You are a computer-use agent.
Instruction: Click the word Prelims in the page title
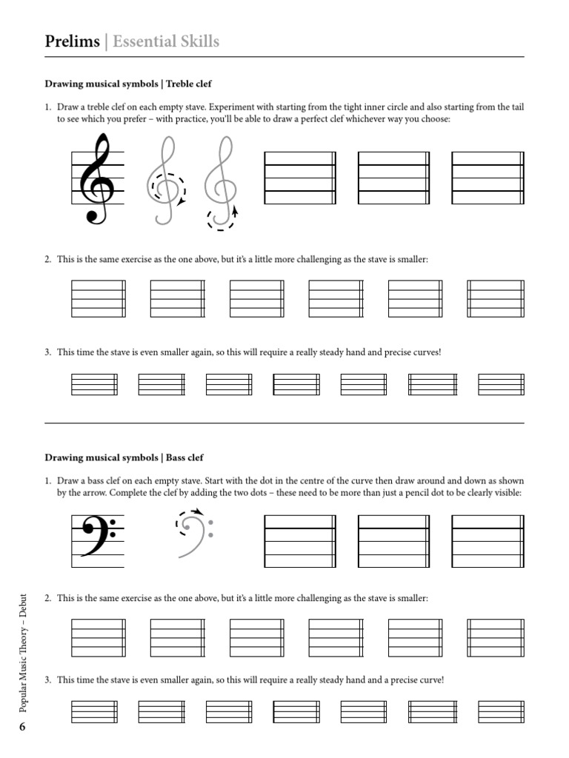72,41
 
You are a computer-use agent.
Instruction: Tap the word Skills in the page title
196,41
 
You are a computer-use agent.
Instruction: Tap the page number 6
22,727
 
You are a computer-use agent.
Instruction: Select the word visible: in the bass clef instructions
508,493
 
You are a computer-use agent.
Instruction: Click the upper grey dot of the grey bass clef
211,523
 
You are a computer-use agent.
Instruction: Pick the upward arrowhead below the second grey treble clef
235,211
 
